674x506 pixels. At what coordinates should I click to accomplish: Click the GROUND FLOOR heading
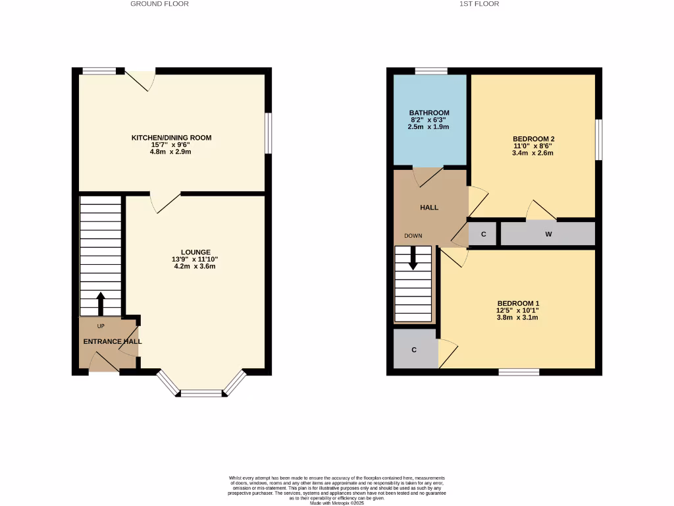159,4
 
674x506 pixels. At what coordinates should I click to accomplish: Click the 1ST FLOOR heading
479,4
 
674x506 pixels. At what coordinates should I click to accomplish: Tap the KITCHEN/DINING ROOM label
171,138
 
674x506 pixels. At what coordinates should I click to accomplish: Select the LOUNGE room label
196,252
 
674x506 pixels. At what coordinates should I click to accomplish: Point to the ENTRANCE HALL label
113,342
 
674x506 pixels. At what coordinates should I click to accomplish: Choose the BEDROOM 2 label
534,138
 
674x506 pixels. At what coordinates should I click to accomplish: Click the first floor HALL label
429,208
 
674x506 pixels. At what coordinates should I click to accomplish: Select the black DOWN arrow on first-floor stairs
414,258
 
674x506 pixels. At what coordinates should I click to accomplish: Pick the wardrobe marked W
548,234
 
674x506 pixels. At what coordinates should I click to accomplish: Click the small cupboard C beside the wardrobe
483,234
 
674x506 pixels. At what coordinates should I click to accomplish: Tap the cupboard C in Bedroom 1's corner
414,350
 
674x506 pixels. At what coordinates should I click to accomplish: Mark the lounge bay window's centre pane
201,393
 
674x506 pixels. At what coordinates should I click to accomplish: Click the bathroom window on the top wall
431,70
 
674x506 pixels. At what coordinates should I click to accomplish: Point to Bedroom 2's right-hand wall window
598,139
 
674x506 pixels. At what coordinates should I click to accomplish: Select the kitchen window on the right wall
268,133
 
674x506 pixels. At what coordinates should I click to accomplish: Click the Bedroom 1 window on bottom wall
519,372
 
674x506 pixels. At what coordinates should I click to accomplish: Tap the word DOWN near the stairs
413,236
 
